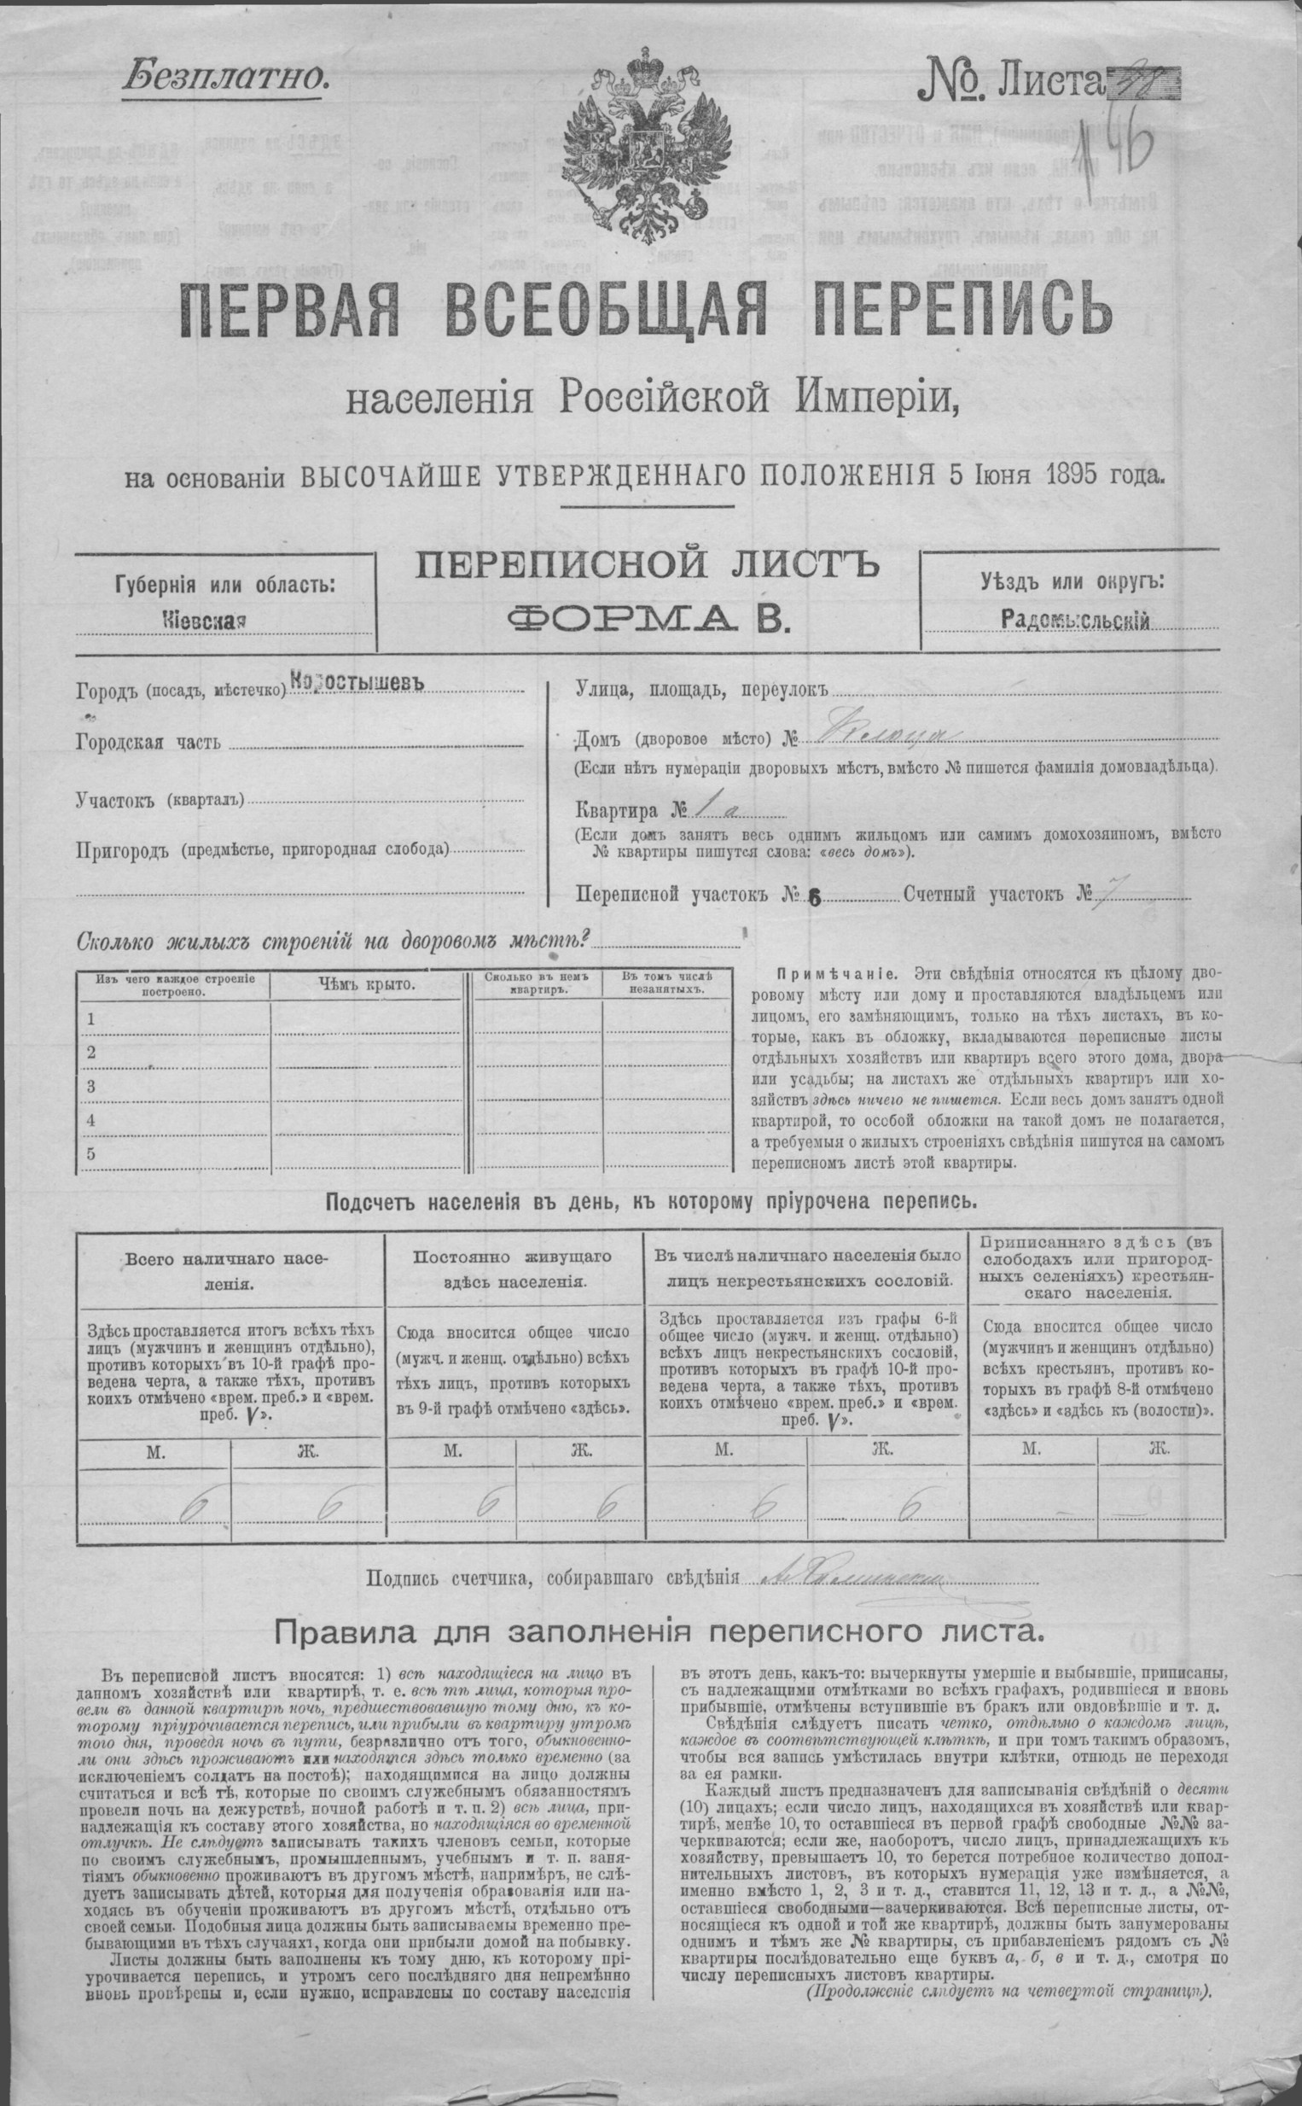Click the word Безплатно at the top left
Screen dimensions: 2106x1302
[225, 79]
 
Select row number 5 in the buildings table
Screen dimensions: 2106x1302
[90, 1154]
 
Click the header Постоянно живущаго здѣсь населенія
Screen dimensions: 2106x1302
[513, 1269]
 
